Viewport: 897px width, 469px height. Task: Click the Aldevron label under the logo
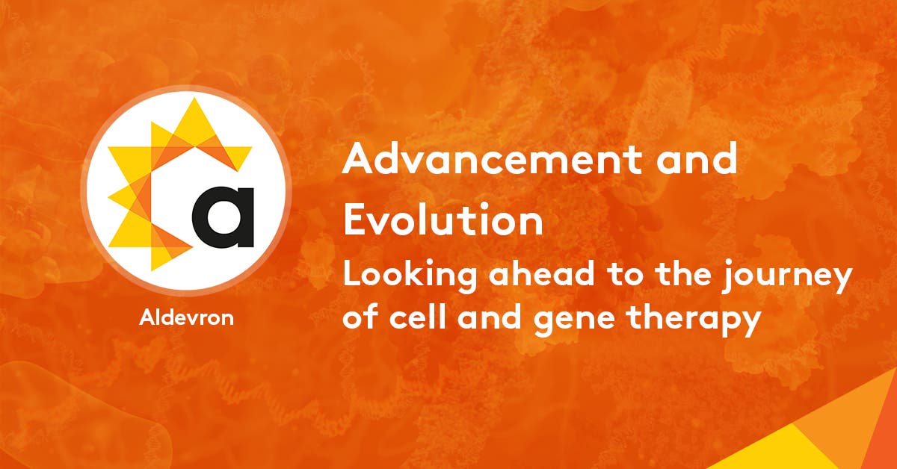(186, 317)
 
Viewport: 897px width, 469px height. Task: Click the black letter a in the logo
(223, 216)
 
